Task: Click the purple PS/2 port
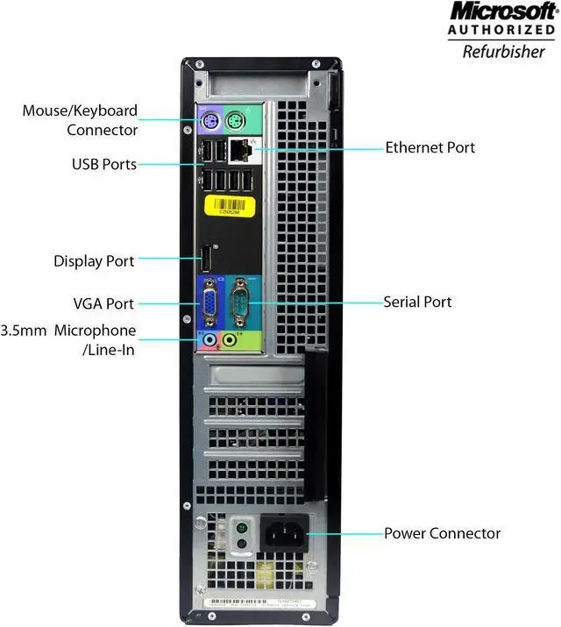click(209, 121)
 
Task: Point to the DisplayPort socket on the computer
click(202, 259)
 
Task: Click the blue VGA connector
click(211, 303)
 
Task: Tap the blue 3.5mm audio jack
click(209, 338)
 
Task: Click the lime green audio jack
click(231, 338)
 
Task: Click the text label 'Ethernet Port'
click(430, 147)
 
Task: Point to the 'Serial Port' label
click(418, 302)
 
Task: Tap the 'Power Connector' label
click(443, 533)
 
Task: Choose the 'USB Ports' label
click(104, 163)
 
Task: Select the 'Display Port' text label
click(94, 260)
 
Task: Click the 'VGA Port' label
click(103, 303)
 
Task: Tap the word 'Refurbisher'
click(503, 51)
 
